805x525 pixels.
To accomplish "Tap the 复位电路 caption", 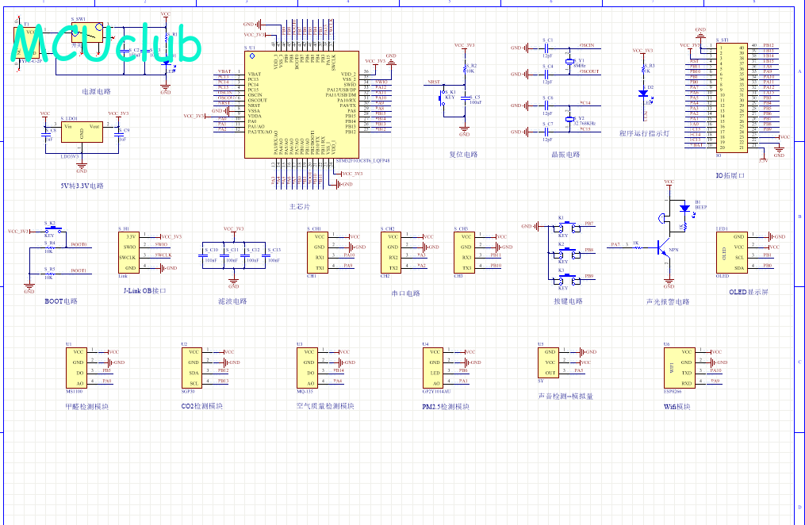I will tap(463, 155).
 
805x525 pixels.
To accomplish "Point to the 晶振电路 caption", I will tap(566, 155).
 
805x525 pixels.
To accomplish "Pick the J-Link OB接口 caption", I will tap(145, 291).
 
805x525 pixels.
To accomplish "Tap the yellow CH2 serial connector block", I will tap(392, 252).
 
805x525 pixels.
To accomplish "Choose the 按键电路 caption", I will tap(568, 301).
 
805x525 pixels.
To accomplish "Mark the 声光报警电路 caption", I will tap(668, 301).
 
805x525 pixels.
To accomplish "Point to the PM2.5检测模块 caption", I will tap(446, 407).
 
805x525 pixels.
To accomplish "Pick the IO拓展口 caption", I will tap(730, 175).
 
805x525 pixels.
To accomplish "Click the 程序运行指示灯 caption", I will tap(644, 134).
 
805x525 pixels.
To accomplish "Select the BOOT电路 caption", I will tap(61, 301).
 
